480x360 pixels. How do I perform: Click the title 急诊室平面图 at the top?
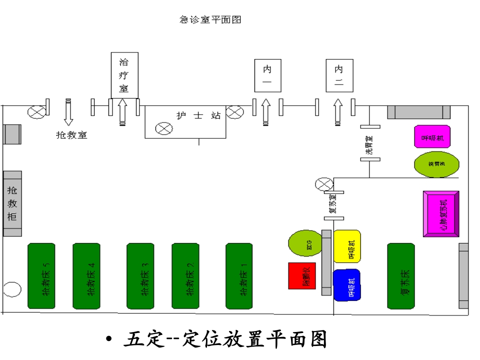click(x=210, y=20)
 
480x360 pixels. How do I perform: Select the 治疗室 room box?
click(x=124, y=75)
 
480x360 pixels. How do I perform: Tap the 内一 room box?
click(x=267, y=75)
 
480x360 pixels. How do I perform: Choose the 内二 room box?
click(x=339, y=75)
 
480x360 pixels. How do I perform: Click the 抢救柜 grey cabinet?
click(x=12, y=203)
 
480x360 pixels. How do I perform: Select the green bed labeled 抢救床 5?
click(x=41, y=276)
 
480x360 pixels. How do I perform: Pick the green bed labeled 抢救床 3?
click(x=140, y=276)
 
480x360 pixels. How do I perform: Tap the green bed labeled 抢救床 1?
click(x=239, y=276)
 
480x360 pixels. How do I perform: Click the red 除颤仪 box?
click(x=302, y=275)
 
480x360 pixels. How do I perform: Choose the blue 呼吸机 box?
click(x=347, y=285)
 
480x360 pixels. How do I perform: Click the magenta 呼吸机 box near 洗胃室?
click(x=432, y=136)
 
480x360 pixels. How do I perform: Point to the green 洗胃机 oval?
click(x=436, y=164)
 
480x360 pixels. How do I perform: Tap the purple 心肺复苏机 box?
click(x=440, y=213)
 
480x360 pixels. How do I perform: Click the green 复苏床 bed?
click(x=401, y=276)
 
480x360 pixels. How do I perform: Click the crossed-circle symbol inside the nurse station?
click(x=163, y=128)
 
